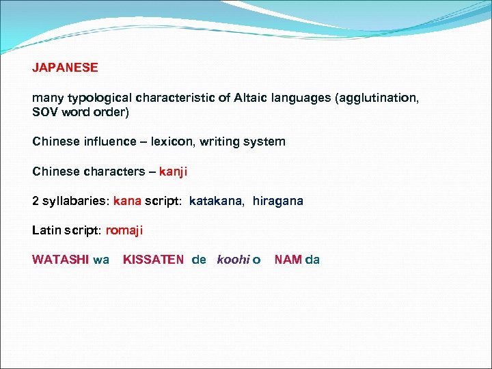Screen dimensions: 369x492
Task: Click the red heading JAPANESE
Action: tap(65, 68)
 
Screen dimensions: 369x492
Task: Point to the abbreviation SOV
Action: tap(45, 111)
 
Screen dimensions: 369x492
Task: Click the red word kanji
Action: tap(173, 172)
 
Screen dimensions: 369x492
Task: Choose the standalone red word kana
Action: tap(127, 202)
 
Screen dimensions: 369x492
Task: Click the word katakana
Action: tap(216, 202)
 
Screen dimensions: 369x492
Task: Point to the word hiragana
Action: tap(277, 202)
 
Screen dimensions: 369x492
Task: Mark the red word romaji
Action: tap(124, 231)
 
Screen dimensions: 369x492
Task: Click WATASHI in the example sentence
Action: tap(60, 260)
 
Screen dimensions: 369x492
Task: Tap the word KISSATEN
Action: tap(153, 260)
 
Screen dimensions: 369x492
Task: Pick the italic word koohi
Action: tap(232, 260)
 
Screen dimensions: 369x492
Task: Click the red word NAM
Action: tap(288, 260)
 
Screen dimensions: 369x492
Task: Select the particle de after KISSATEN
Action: tap(199, 260)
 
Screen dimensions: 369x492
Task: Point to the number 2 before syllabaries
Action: tap(36, 202)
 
